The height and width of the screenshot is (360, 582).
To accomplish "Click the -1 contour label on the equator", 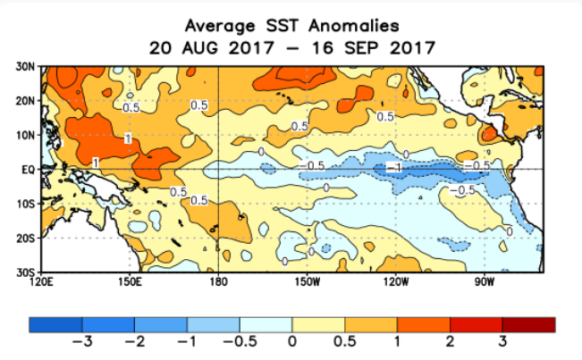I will (392, 168).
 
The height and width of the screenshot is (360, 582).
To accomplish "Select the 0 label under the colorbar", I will (292, 342).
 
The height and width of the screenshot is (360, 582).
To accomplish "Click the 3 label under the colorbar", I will (502, 342).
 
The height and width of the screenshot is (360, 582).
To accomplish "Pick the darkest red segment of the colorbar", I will (528, 324).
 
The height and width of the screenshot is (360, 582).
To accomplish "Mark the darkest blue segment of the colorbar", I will (55, 324).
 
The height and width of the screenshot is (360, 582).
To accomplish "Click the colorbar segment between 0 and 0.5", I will (318, 324).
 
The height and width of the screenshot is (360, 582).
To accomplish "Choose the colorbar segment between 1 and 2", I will (423, 324).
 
